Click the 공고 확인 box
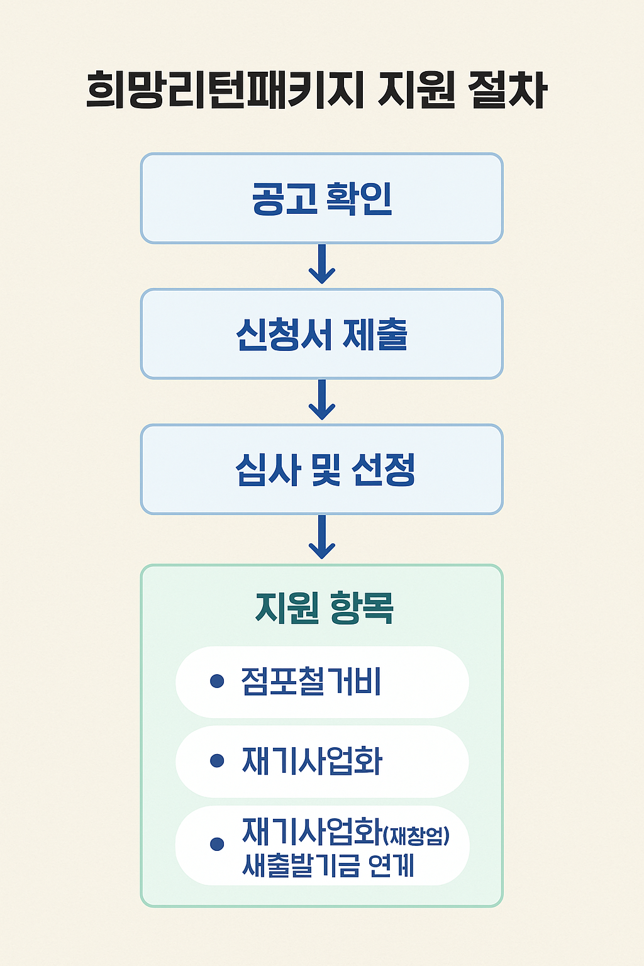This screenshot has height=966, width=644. click(321, 198)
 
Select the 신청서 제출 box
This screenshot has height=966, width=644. click(321, 334)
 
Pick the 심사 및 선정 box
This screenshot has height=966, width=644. click(321, 470)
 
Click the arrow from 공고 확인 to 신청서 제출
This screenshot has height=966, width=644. click(321, 265)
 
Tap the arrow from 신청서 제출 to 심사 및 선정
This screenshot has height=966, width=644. click(321, 401)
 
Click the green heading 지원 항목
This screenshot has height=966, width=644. click(325, 608)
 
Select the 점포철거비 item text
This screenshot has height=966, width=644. click(311, 682)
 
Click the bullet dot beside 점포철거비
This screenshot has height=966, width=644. click(217, 681)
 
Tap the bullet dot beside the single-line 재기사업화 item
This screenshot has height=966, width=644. click(217, 761)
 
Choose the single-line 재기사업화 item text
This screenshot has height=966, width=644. click(312, 761)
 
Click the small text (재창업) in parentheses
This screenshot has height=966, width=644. click(416, 836)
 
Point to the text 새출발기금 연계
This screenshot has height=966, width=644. click(328, 865)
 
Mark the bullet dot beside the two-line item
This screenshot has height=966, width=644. click(217, 844)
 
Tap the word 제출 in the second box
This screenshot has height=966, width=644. click(375, 334)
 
